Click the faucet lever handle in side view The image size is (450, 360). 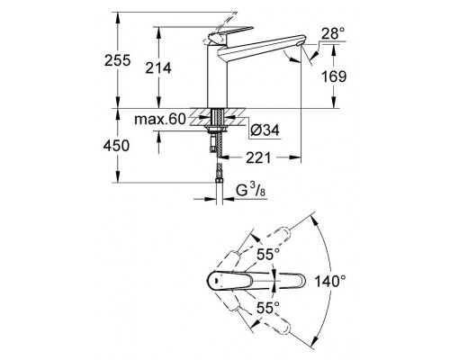219,38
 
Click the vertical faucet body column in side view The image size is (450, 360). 219,76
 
